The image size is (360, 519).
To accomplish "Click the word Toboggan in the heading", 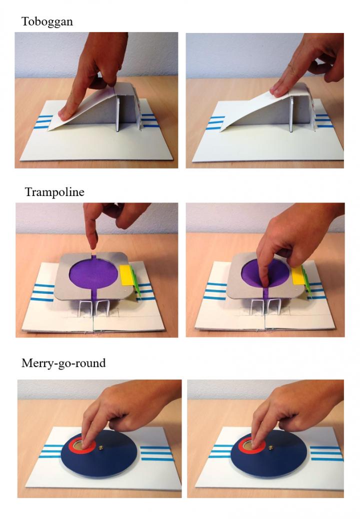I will pos(47,21).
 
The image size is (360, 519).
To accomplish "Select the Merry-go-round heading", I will pos(63,363).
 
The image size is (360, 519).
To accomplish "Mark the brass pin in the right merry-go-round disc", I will pos(271,448).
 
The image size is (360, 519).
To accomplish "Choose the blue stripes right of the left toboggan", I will pos(150,120).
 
